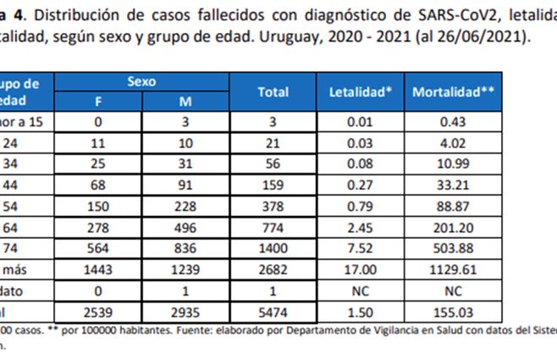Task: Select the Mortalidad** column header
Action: click(452, 91)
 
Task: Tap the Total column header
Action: click(273, 91)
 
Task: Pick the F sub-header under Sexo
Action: click(98, 102)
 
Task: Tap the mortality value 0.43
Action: click(452, 122)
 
